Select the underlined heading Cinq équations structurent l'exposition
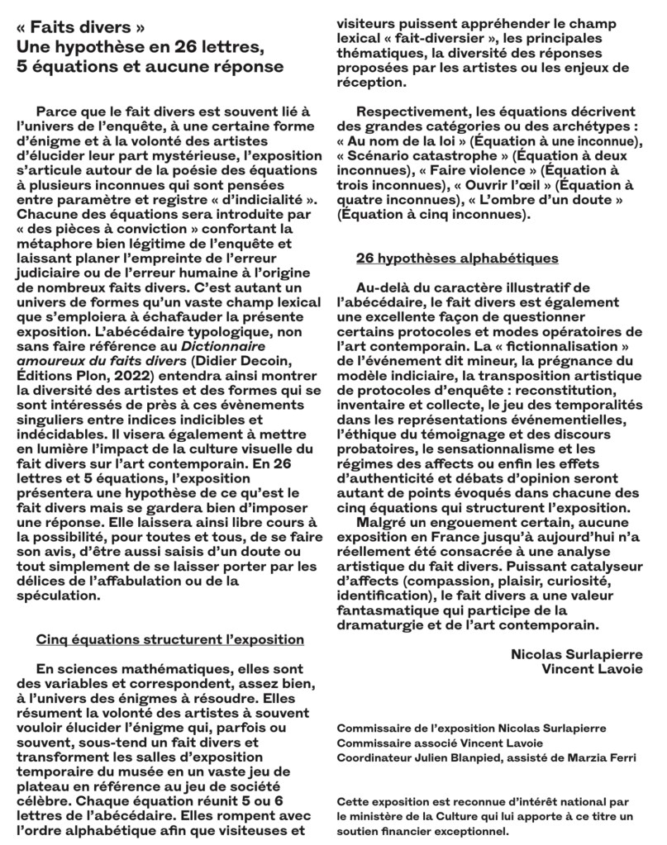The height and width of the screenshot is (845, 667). point(169,640)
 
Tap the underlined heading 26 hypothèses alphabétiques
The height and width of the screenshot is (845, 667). point(457,259)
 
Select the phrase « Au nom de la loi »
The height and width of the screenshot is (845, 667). point(396,142)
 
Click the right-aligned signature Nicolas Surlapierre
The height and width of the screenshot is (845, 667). point(571,655)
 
